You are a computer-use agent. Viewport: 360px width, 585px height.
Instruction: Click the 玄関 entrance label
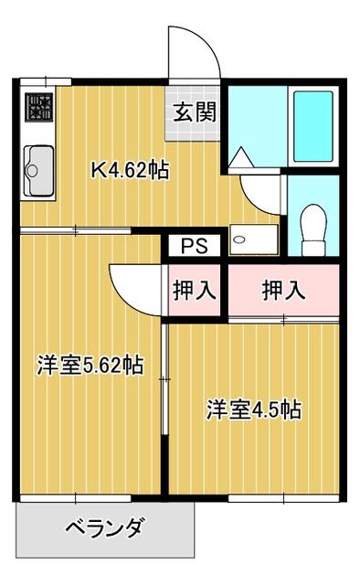193,113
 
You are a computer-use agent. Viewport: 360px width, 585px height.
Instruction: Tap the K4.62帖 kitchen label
129,171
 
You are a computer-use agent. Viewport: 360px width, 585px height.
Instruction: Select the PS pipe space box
193,246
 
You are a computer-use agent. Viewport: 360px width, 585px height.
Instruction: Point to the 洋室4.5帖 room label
253,409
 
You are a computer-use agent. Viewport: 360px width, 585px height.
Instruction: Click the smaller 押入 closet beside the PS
194,291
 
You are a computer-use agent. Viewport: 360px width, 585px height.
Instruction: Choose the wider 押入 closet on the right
283,291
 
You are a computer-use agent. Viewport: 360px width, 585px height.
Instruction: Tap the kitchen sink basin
37,168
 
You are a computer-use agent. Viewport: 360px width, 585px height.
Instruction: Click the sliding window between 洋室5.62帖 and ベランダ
76,499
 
